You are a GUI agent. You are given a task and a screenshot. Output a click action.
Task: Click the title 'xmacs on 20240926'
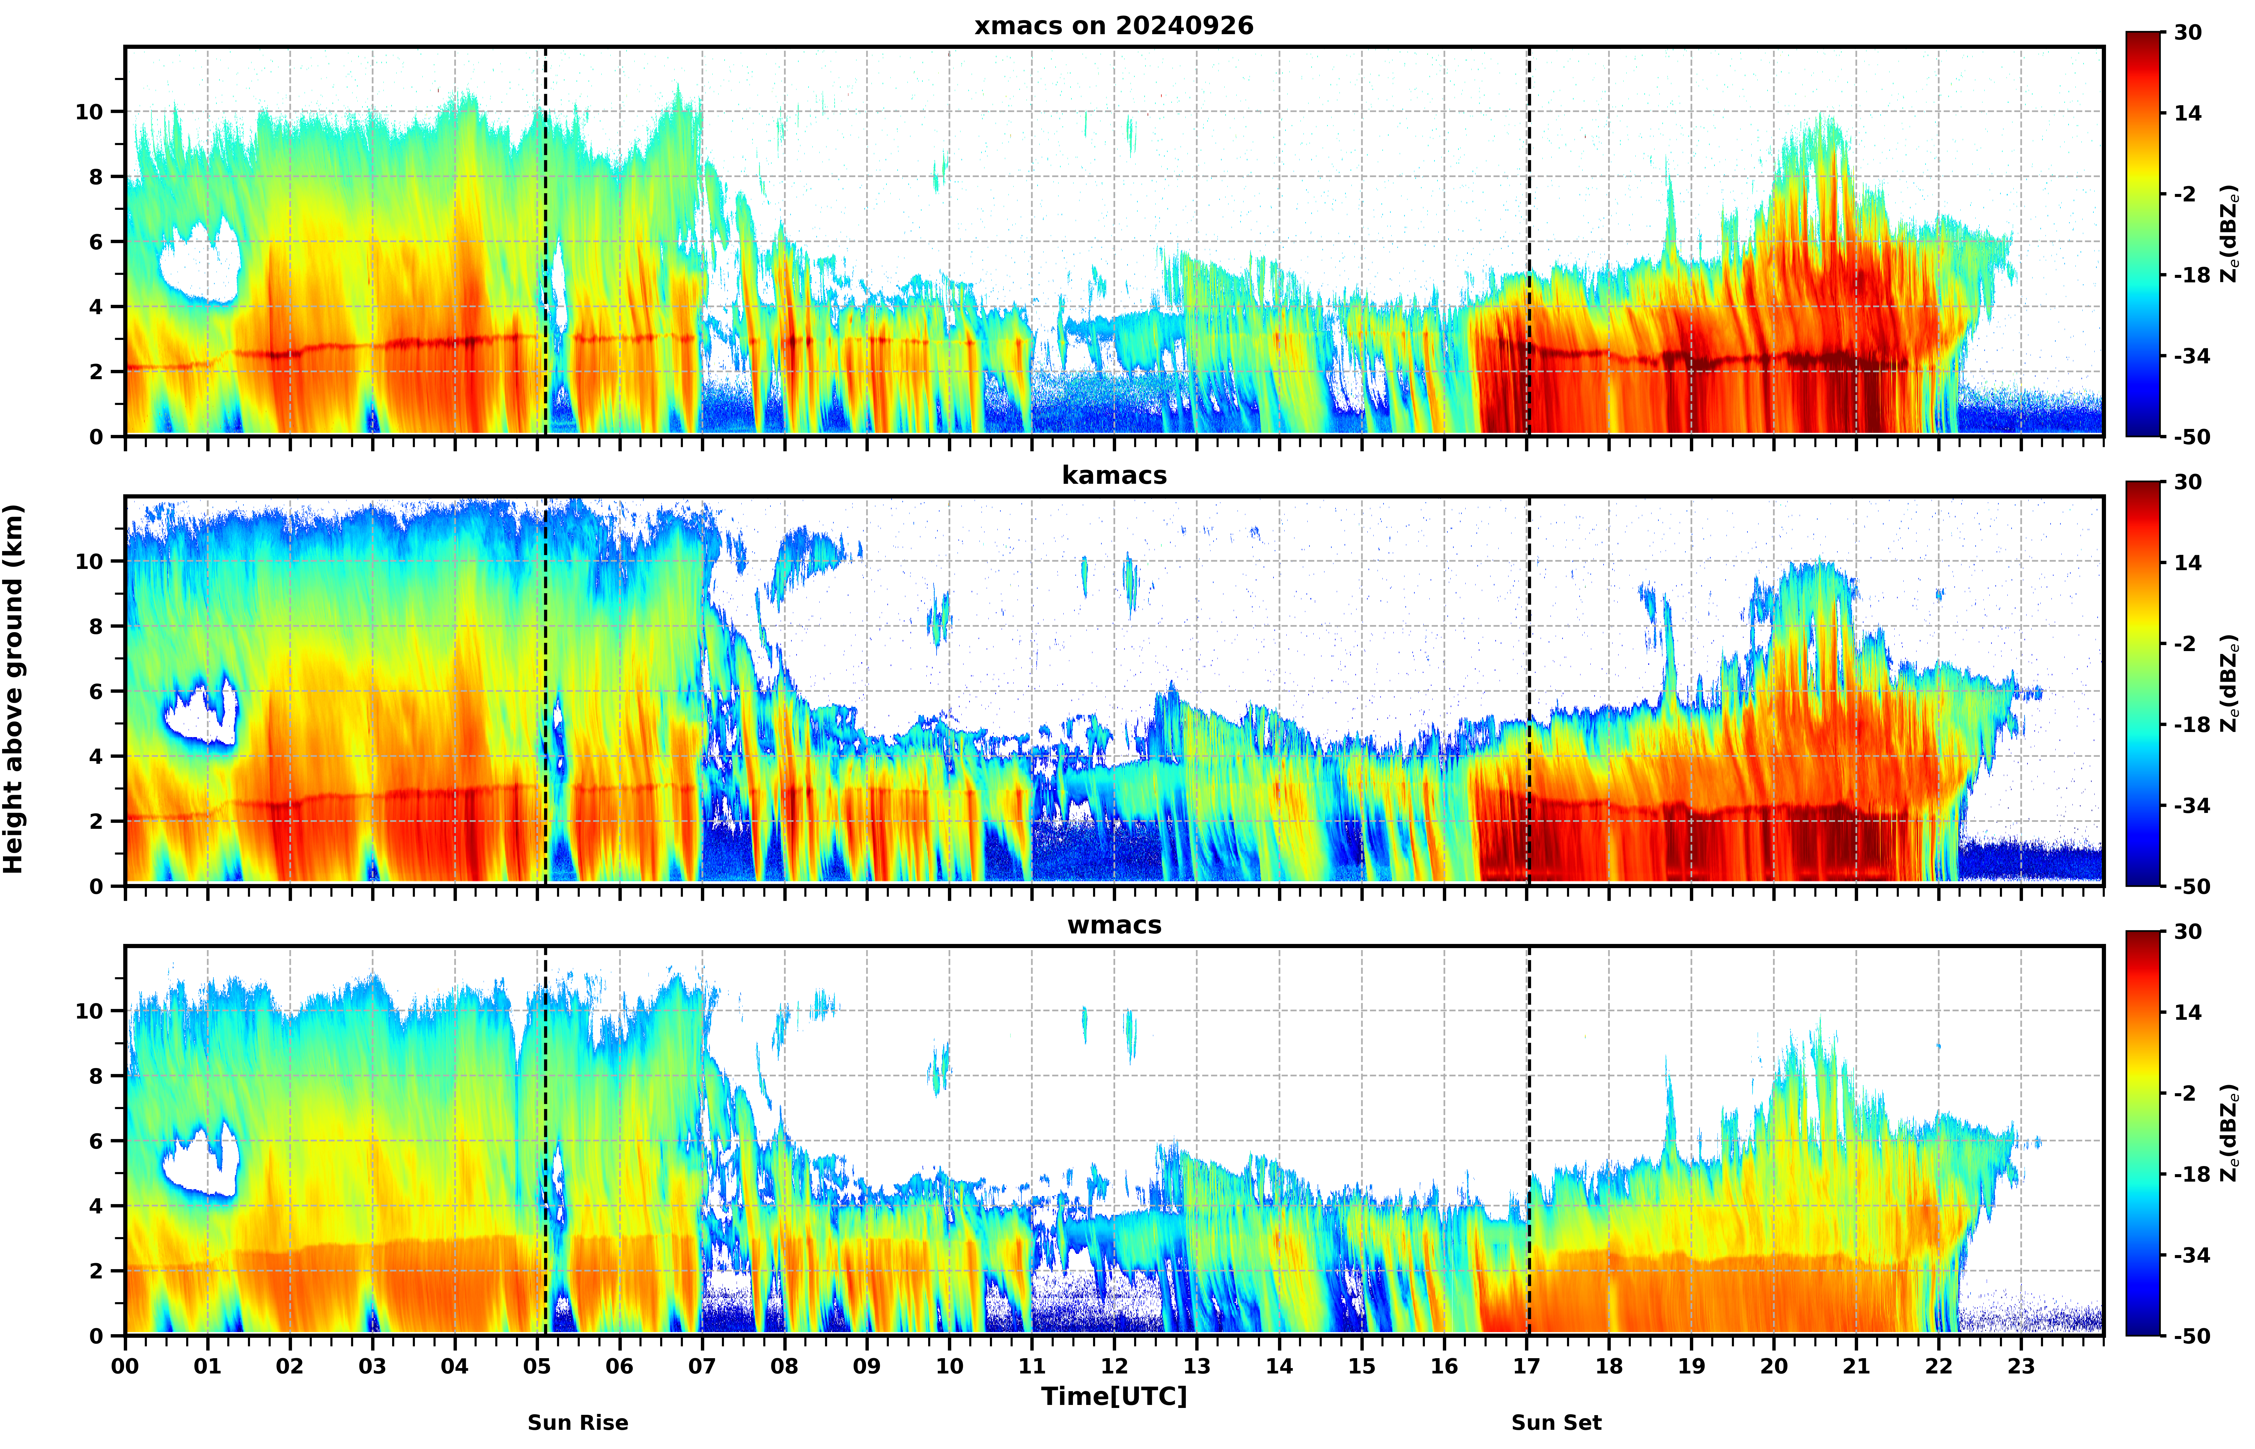tap(1114, 25)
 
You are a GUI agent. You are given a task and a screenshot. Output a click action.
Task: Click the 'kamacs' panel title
tap(1114, 475)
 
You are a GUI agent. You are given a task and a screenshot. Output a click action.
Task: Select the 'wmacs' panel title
tap(1114, 925)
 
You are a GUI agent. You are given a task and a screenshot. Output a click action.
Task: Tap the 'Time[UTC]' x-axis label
tap(1114, 1396)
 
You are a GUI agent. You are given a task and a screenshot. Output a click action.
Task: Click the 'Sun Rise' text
tap(578, 1423)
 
